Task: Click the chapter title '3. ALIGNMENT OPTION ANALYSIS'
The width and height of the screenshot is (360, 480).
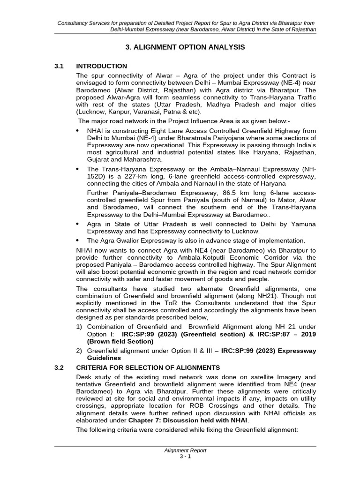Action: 185,47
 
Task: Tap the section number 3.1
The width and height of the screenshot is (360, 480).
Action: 60,66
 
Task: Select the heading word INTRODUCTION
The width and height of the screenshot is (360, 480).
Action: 102,66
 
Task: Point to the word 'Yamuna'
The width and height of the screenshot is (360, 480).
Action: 305,224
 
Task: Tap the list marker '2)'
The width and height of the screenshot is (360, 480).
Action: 80,350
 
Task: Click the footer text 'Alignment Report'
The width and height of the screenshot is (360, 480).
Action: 185,450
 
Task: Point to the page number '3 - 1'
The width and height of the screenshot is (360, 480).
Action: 185,457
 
